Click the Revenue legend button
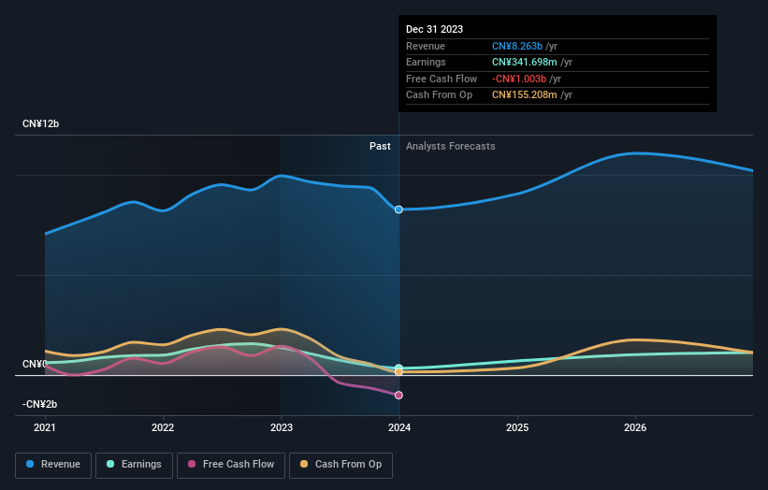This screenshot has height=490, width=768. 53,464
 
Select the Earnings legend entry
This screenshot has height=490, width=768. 134,464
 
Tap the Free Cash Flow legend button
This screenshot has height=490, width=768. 231,464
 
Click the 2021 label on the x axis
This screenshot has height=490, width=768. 45,428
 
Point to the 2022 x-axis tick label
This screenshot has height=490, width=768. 163,428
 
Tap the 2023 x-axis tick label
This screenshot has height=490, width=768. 282,428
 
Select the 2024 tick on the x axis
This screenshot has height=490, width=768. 399,428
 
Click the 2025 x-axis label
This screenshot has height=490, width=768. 517,428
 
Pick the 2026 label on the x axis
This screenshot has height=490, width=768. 635,428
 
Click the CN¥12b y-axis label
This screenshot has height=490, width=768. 41,123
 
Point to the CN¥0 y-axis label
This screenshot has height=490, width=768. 35,364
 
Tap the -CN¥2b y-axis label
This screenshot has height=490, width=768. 40,404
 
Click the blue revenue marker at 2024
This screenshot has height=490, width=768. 399,209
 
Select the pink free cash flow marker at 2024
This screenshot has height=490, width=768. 399,396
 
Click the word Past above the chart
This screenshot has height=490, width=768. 380,146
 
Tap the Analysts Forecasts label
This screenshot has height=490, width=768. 451,146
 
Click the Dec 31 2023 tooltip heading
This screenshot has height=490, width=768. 434,30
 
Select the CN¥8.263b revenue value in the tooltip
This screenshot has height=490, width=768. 524,47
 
